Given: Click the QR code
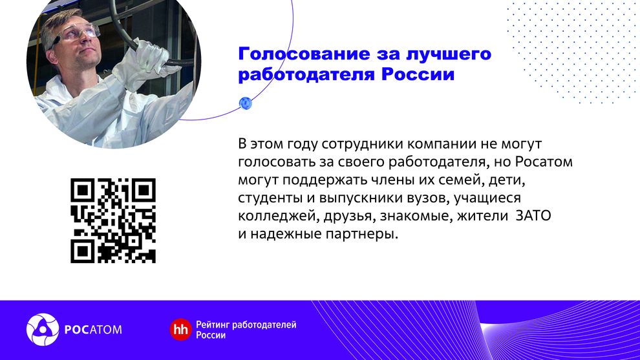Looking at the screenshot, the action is coord(113,220).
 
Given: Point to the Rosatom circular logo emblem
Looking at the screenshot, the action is coord(43,330).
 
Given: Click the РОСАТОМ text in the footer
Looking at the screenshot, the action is coord(93,330).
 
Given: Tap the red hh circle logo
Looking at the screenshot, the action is coord(180,330).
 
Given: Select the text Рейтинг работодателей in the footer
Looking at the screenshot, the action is coord(246,325).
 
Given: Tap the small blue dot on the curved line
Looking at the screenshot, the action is coord(245,103).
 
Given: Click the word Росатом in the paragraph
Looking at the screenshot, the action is coord(544,162).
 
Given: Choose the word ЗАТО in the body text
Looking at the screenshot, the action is coord(533,215).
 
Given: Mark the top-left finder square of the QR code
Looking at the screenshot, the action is coord(83,190).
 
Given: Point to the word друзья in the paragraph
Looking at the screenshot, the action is coord(349,217).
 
